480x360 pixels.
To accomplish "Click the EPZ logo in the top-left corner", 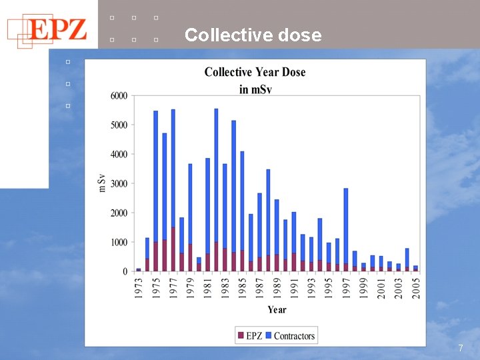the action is (x=47, y=31).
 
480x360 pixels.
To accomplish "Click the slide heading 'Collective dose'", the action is (x=253, y=35).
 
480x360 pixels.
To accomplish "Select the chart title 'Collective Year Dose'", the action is (x=255, y=72).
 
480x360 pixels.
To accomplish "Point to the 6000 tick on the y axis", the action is (x=119, y=95).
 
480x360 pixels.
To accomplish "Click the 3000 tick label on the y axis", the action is (x=119, y=184).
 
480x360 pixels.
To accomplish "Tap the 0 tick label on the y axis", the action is (x=125, y=271).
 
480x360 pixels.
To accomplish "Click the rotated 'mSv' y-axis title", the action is (x=102, y=183).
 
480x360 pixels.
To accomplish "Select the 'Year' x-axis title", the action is (x=277, y=309).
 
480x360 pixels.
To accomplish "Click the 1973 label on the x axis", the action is (x=139, y=288).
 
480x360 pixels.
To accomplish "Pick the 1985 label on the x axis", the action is (x=243, y=288).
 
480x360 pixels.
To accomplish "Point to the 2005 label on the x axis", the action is (x=416, y=288).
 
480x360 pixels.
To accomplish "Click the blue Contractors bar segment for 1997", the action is (x=346, y=226).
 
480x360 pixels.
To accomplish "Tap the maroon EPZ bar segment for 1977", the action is (x=173, y=249).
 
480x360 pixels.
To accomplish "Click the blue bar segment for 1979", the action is (x=190, y=204).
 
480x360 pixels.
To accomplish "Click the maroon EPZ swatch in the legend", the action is (x=241, y=335).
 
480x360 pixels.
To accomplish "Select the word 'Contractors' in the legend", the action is (x=294, y=336).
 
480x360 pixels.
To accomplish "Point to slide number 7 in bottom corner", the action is (x=461, y=348).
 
